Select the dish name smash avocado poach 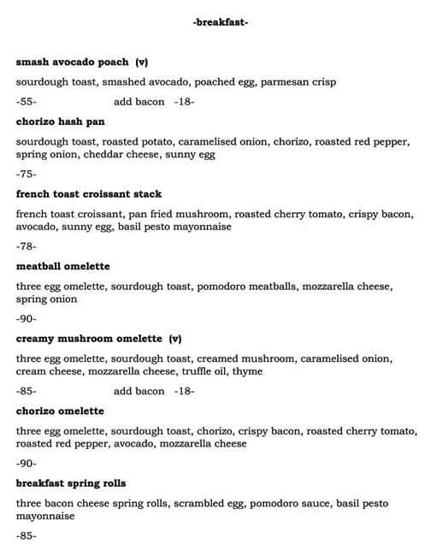[72, 62]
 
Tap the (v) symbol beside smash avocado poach [141, 62]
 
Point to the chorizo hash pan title [60, 121]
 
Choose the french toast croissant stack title [89, 194]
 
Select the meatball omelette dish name [63, 267]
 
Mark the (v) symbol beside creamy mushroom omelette [175, 339]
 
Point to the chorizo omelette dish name [60, 411]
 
